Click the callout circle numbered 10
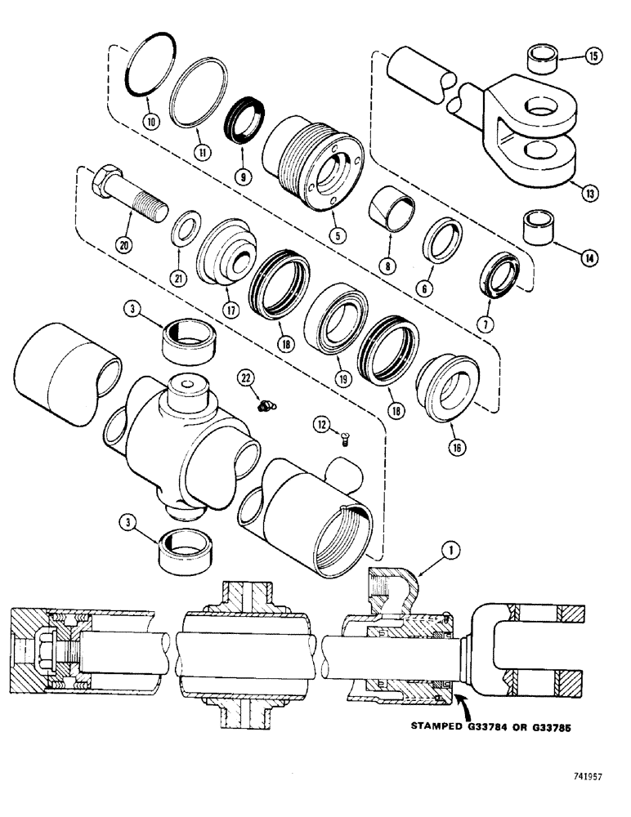point(150,121)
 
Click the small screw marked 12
point(343,440)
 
